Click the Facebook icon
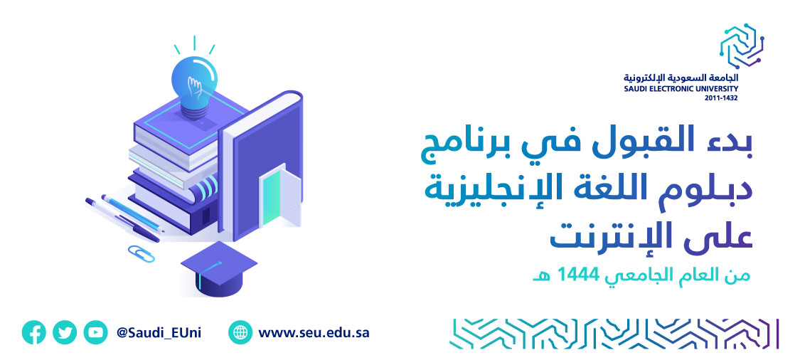pos(33,333)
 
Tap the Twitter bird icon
pos(65,333)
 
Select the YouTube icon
pos(95,333)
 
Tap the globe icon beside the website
pos(240,333)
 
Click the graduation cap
pos(218,269)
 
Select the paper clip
pos(141,253)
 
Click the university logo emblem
pos(741,46)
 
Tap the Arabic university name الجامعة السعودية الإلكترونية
pos(681,78)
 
